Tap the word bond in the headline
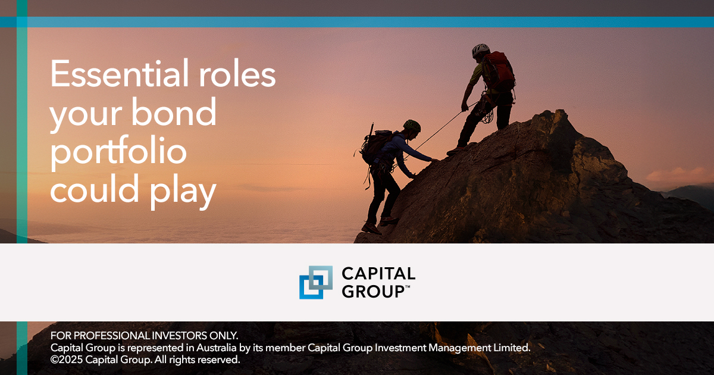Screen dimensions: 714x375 (174, 112)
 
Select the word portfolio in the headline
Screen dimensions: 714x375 (118, 152)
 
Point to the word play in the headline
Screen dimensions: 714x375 (183, 190)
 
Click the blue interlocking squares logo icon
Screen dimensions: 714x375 (315, 282)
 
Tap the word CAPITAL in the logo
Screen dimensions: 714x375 (378, 274)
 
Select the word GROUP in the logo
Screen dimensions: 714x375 (373, 292)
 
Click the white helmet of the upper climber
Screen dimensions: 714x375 (481, 50)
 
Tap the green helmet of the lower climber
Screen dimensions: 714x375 (412, 126)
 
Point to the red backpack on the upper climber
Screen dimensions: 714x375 (498, 71)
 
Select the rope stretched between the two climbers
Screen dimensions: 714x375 (446, 126)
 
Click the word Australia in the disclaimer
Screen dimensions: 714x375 (216, 348)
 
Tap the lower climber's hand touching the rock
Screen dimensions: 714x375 (435, 160)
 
